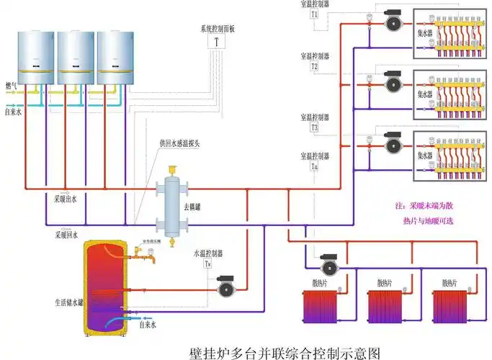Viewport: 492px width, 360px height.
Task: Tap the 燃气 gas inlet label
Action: click(12, 85)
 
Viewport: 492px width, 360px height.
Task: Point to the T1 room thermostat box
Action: click(315, 14)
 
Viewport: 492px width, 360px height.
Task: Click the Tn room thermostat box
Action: click(315, 167)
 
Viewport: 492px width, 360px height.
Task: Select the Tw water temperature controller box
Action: click(207, 264)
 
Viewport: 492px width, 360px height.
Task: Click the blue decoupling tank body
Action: click(173, 202)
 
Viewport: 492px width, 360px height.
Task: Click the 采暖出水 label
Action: click(68, 196)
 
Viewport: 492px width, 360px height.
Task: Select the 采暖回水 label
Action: click(68, 235)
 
